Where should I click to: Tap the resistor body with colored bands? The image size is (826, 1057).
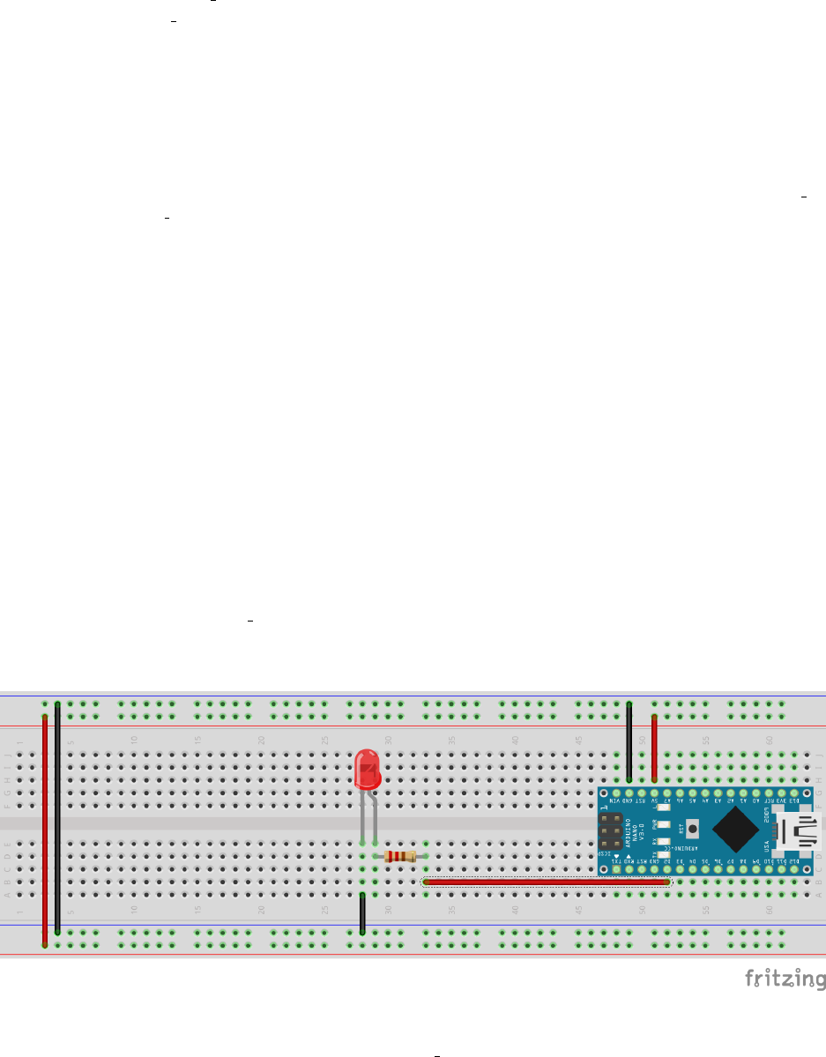click(x=401, y=856)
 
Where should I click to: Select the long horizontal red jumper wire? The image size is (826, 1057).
click(x=547, y=882)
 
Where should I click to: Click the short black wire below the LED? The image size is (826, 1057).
click(x=362, y=913)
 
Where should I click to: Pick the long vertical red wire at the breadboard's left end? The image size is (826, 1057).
click(x=45, y=829)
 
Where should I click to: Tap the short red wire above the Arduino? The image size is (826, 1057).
click(x=654, y=748)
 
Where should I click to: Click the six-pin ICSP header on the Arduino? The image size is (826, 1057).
click(x=610, y=830)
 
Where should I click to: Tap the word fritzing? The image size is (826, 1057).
click(x=785, y=979)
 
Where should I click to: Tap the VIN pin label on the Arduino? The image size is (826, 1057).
click(x=616, y=800)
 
